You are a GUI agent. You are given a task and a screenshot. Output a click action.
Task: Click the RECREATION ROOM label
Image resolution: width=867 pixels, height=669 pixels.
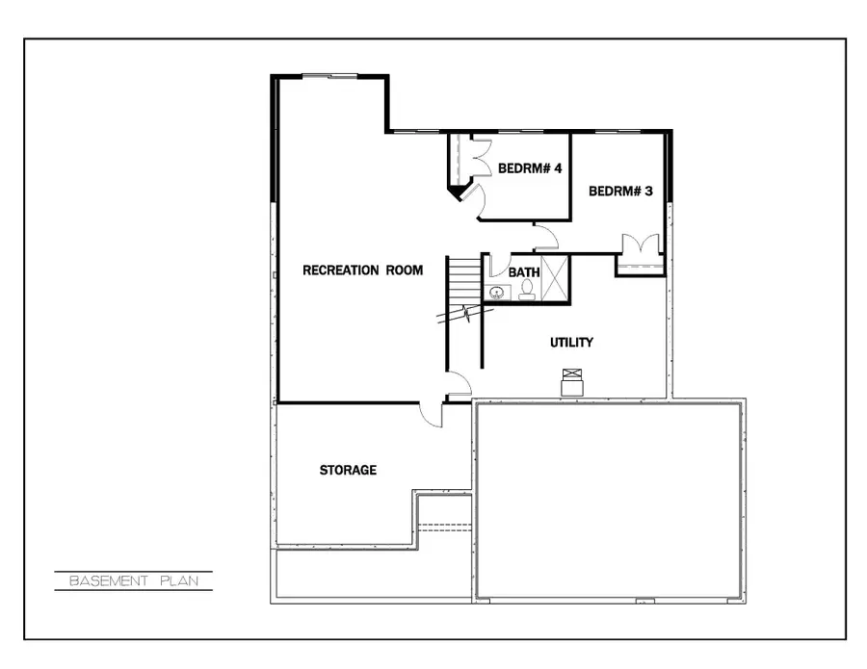[362, 270]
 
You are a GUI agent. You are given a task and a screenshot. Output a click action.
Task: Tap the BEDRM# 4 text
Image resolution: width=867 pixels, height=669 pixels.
[530, 168]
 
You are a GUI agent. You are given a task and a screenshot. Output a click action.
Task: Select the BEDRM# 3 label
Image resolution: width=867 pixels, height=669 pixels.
[620, 192]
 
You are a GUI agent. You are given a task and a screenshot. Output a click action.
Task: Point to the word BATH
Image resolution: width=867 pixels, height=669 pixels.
[524, 272]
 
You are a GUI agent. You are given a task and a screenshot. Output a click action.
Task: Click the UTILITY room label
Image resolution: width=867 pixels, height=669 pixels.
[571, 343]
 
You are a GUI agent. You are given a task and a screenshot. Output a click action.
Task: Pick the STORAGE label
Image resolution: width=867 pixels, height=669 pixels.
[348, 471]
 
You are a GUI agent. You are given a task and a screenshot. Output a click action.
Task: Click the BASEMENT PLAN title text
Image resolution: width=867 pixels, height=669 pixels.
[132, 581]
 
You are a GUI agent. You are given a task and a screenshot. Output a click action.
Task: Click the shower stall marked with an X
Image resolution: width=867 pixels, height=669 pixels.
[556, 278]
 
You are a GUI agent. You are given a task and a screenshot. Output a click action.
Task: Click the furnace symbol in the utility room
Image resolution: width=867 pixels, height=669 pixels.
[573, 382]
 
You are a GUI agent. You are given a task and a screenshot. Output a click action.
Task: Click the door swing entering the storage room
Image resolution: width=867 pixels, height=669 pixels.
[432, 414]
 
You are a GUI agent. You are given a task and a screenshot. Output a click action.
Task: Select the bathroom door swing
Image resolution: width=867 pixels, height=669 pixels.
[499, 266]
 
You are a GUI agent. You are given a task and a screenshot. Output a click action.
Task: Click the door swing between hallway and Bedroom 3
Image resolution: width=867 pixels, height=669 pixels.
[546, 237]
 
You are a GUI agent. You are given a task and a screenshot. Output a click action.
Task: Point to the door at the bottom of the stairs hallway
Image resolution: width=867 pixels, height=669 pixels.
[459, 385]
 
